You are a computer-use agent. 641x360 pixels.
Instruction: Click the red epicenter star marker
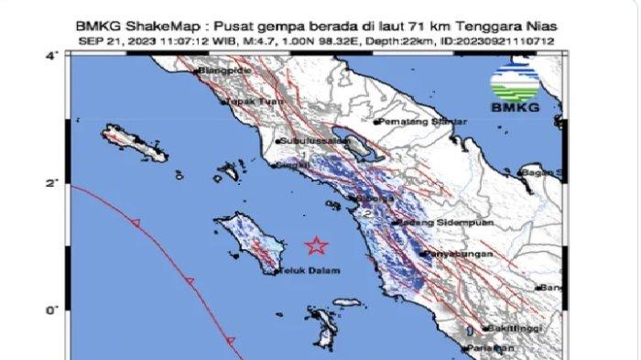316,245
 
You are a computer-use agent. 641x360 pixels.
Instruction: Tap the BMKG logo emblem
514,85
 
